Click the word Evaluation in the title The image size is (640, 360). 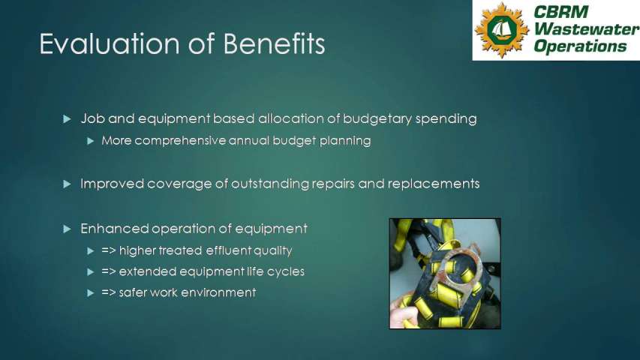110,43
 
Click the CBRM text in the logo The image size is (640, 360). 561,12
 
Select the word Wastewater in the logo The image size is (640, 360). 587,29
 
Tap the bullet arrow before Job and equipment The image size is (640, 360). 67,119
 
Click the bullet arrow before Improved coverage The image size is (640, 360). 67,184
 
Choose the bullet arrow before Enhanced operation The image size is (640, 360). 67,229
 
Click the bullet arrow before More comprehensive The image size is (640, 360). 91,141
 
